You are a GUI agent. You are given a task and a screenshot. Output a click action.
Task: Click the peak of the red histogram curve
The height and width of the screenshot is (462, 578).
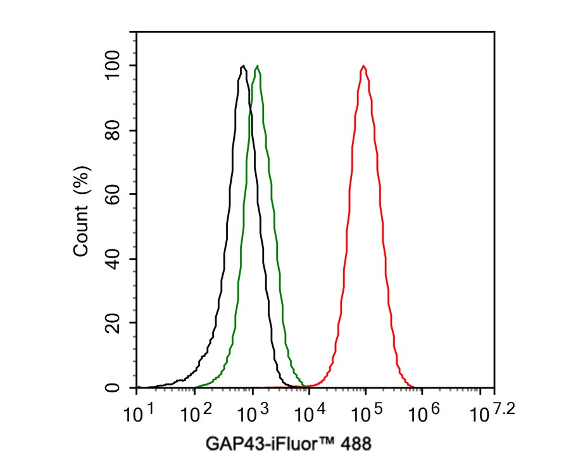pos(363,66)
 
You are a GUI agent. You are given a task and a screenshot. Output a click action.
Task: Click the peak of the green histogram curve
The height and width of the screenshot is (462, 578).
pos(257,66)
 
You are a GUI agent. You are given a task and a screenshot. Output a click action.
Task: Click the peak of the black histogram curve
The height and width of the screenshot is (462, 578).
pos(243,66)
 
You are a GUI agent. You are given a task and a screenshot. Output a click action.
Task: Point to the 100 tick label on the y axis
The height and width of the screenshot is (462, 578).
pos(115,66)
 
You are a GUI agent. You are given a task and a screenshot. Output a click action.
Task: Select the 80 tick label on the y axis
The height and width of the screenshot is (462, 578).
pos(115,130)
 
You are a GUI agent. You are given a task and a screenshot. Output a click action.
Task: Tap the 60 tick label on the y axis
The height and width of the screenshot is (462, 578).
pos(115,194)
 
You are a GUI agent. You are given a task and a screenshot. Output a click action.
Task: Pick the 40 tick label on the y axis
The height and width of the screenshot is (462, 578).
pos(115,259)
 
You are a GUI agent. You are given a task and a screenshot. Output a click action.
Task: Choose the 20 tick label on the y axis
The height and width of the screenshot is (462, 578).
pos(115,323)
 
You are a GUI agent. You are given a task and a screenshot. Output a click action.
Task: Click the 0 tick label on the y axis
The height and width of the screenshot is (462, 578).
pos(115,387)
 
